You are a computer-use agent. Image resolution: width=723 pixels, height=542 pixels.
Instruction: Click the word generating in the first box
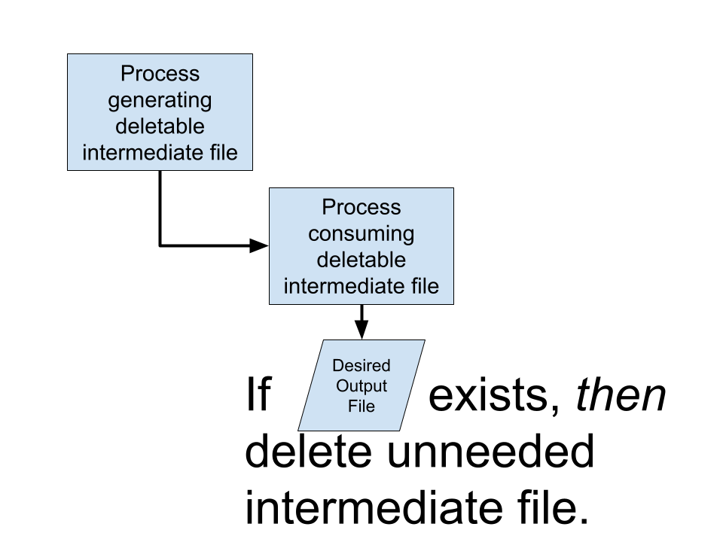click(160, 101)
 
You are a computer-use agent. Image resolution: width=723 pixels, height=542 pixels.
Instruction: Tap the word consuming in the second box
click(361, 233)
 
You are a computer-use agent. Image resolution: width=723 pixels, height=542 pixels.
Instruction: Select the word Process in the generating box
click(160, 74)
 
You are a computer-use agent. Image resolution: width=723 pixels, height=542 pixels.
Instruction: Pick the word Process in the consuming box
click(361, 207)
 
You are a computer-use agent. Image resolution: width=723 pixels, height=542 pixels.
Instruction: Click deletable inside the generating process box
click(160, 126)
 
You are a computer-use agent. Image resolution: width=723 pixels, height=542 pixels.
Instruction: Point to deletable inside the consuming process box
click(361, 260)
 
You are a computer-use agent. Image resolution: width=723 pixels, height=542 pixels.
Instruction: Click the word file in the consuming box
click(423, 286)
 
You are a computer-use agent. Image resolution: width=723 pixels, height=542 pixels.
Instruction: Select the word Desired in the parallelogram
click(361, 366)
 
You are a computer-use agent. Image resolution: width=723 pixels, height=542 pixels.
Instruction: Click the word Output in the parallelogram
click(361, 386)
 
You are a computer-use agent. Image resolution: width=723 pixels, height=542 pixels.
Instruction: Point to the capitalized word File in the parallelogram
click(361, 406)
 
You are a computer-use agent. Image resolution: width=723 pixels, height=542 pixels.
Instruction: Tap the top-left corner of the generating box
click(69, 55)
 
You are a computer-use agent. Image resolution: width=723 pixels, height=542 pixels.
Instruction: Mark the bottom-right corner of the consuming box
click(453, 303)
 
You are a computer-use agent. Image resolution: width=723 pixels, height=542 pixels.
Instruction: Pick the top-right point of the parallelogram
click(424, 341)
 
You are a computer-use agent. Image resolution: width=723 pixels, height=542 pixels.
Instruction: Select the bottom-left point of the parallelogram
click(299, 430)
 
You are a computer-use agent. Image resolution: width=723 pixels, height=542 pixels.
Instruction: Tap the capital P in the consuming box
click(328, 207)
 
